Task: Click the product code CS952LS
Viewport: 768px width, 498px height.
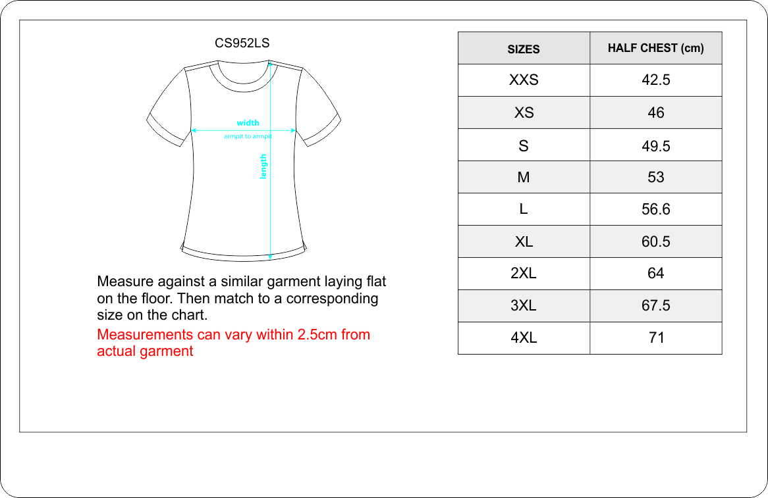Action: click(242, 43)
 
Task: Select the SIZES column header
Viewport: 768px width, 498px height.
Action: click(524, 49)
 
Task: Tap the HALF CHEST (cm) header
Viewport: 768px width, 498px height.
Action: click(655, 48)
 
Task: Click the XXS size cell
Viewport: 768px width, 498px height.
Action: click(524, 80)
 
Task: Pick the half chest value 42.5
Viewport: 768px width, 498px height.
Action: click(655, 80)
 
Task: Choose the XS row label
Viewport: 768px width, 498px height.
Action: click(524, 112)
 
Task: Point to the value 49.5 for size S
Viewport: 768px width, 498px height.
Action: click(655, 145)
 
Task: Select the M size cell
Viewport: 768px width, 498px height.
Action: click(524, 177)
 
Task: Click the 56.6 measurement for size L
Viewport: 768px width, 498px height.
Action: click(655, 209)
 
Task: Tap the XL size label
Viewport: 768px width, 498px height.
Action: click(524, 241)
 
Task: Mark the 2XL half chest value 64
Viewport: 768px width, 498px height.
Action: click(655, 273)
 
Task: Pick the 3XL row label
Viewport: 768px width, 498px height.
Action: click(524, 305)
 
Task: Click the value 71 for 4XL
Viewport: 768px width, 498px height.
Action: click(655, 337)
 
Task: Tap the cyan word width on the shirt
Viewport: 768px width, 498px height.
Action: click(248, 122)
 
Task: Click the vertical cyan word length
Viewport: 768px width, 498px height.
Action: click(263, 167)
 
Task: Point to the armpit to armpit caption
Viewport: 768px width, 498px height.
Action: click(247, 136)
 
